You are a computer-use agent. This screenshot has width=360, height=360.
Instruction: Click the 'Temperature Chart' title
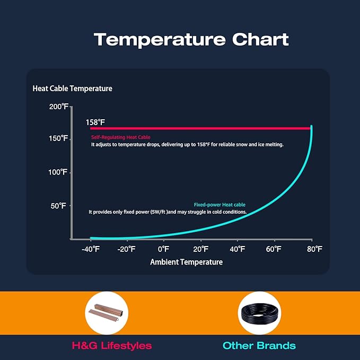[191, 39]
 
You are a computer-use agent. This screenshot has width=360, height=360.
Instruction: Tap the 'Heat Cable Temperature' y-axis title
[73, 89]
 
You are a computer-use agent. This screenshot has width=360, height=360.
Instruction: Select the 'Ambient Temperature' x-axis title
[186, 262]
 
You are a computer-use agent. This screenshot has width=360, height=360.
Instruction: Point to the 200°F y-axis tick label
[58, 107]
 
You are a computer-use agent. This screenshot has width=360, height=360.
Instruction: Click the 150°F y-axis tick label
[58, 138]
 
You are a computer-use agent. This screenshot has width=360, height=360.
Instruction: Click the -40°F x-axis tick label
[91, 249]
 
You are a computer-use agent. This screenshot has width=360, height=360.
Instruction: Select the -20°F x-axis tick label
[127, 249]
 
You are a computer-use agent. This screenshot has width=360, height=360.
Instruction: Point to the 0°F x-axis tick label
[163, 249]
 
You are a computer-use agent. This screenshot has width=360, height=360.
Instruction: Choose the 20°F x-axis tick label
[201, 249]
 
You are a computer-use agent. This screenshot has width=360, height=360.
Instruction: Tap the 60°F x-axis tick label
[274, 249]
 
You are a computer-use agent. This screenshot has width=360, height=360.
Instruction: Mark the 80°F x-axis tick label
[314, 249]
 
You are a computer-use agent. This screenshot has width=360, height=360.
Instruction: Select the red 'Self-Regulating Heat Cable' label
[120, 137]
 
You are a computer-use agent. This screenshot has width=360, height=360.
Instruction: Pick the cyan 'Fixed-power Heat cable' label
[219, 205]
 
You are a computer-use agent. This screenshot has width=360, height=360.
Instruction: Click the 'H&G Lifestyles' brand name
[111, 346]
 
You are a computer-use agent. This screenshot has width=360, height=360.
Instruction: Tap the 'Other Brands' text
[259, 346]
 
